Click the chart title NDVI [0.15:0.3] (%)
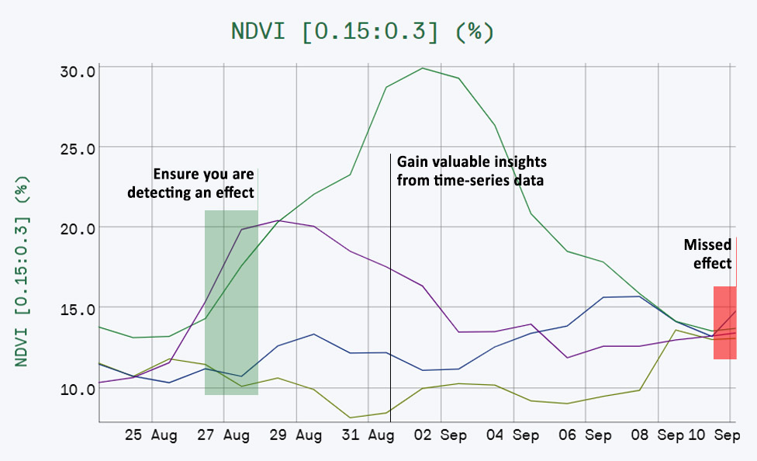(x=363, y=32)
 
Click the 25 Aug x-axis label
(x=151, y=436)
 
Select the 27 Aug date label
(x=223, y=436)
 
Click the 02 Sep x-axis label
(x=441, y=436)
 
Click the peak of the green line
(x=423, y=68)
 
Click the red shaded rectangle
(x=725, y=323)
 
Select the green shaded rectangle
(x=231, y=303)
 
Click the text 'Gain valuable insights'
(x=472, y=162)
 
